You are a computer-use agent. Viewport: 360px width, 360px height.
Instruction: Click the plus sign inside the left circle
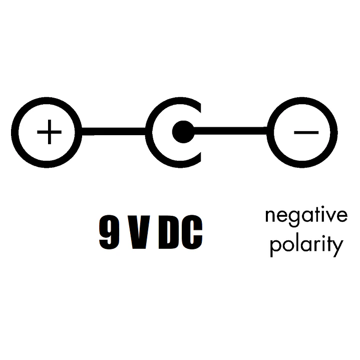[x=50, y=132]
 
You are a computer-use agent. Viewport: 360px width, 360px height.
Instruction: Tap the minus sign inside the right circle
[x=306, y=133]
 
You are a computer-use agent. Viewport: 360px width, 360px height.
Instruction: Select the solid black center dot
[x=183, y=132]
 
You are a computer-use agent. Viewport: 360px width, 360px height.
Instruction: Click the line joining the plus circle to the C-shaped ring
[x=114, y=132]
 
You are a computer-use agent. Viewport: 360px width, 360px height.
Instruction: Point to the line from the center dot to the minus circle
[x=230, y=130]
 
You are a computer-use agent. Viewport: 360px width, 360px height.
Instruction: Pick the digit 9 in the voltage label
[x=109, y=232]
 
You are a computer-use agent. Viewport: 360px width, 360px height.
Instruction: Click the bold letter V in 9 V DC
[x=139, y=232]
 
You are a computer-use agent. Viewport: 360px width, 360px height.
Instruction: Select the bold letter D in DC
[x=168, y=232]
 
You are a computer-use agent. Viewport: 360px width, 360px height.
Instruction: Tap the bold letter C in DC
[x=192, y=232]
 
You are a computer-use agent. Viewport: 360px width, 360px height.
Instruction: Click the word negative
[x=306, y=216]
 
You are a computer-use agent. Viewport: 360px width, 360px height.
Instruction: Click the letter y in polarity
[x=338, y=248]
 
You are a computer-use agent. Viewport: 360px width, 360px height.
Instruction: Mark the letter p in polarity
[x=276, y=248]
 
